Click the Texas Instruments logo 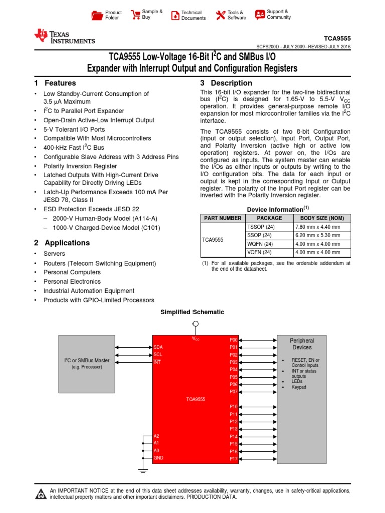click(64, 37)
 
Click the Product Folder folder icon click(97, 15)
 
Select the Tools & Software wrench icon click(221, 15)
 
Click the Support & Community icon click(260, 14)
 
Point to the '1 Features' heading click(55, 83)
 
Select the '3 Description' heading click(226, 83)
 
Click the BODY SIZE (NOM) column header click(322, 218)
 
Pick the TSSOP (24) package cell click(259, 227)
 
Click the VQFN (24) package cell click(259, 252)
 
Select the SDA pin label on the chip click(158, 347)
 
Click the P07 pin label click(233, 391)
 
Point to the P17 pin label click(233, 459)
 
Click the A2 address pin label click(157, 436)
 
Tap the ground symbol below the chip click(143, 471)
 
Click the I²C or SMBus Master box click(87, 363)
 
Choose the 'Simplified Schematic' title click(192, 312)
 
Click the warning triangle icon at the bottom click(40, 495)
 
